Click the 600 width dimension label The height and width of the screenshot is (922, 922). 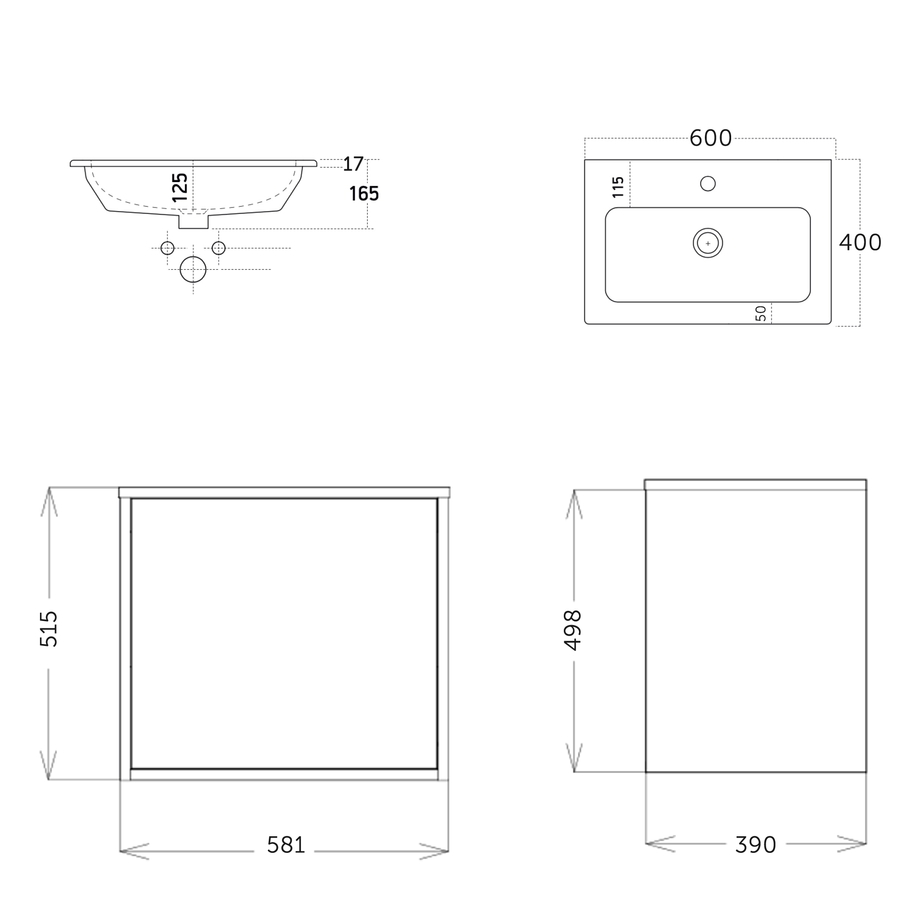coord(710,138)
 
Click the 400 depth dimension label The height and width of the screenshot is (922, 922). coord(860,242)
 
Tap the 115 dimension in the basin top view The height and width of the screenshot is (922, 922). coord(618,187)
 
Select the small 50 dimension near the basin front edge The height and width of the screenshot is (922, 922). coord(761,313)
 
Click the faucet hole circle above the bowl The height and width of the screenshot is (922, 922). coord(708,183)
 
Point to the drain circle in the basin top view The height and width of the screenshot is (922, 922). coord(708,243)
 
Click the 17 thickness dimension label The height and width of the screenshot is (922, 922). coord(353,164)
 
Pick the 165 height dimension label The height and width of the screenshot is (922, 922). coord(364,194)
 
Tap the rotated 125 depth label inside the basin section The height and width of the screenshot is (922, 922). coord(180,188)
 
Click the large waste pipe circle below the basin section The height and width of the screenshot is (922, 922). coord(193,270)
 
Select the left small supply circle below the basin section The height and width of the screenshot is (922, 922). coord(167,248)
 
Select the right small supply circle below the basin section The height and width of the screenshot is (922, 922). coord(219,248)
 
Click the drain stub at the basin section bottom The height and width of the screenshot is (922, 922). coord(193,222)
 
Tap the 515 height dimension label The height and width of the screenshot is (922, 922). coord(49,628)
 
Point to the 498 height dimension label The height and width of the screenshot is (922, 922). coord(573,630)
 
